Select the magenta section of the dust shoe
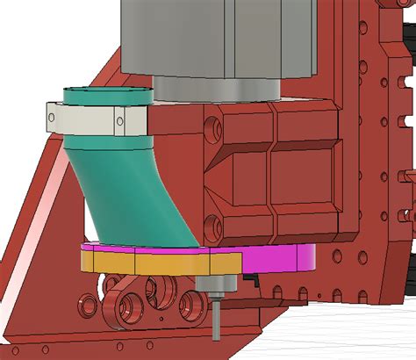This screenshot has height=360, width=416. (281, 256)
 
